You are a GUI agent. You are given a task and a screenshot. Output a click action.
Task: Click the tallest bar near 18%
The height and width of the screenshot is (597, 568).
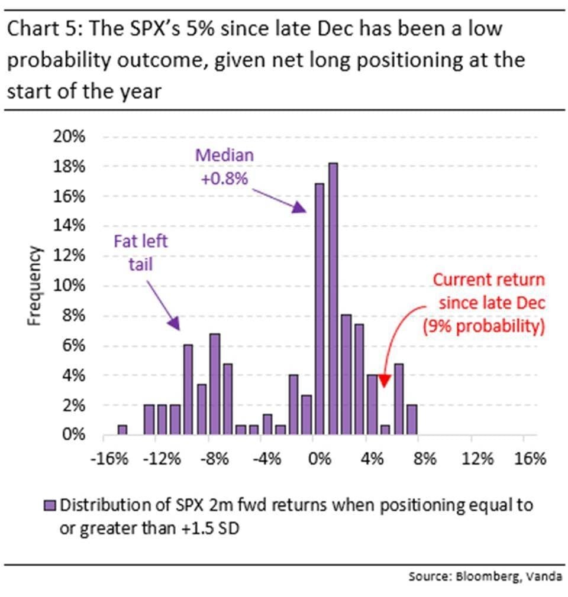click(333, 299)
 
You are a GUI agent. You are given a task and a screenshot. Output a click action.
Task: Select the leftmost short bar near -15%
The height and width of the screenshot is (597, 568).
click(122, 430)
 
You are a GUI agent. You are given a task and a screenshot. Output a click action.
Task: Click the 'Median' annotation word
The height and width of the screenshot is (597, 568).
click(224, 155)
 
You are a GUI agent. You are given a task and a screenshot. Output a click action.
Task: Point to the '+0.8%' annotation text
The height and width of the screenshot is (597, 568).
click(224, 178)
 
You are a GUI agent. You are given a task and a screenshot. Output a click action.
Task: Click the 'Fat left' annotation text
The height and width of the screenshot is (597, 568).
click(141, 241)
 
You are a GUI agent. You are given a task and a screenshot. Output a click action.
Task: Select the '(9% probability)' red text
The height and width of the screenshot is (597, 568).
click(484, 326)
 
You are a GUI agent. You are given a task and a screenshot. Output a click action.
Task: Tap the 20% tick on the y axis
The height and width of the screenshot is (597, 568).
click(69, 137)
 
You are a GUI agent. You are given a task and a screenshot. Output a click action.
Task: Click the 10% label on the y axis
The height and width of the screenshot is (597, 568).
click(69, 285)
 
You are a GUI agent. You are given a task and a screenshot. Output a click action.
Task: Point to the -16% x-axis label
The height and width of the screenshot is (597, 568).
click(109, 459)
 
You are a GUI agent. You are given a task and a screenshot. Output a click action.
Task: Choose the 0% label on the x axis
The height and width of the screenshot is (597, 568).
click(320, 459)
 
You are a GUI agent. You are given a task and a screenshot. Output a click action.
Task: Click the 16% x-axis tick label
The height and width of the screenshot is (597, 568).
click(530, 459)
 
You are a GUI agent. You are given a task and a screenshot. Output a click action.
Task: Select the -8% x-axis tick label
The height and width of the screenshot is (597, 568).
click(215, 459)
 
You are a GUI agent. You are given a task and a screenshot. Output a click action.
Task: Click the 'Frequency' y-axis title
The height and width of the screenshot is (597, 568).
click(34, 285)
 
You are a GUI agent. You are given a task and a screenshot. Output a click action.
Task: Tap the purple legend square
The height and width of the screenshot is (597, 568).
click(50, 505)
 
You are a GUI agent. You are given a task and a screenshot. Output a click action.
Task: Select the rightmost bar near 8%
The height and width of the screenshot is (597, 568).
click(412, 420)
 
